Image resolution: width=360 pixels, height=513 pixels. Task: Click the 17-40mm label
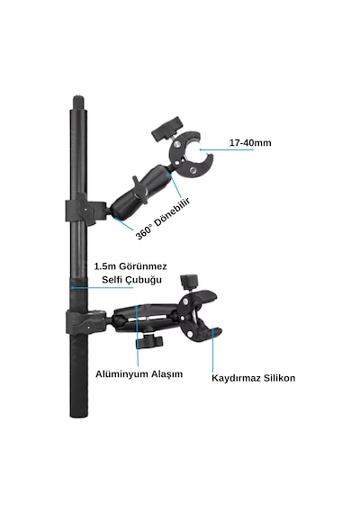250,143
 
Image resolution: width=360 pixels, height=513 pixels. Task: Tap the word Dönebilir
172,213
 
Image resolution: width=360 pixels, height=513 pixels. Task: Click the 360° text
144,232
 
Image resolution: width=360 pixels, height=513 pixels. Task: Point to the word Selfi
112,280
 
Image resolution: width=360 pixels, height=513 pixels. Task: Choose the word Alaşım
166,374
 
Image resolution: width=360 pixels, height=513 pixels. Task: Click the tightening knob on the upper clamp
166,128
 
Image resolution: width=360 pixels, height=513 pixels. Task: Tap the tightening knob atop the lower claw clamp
189,282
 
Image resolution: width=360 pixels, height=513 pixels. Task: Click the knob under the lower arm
149,342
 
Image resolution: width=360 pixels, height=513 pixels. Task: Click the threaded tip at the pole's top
78,103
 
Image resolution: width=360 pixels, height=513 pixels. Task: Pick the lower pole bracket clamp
86,321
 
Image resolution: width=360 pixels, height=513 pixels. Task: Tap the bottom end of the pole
78,415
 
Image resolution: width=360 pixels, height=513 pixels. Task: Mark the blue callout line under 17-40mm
226,150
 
